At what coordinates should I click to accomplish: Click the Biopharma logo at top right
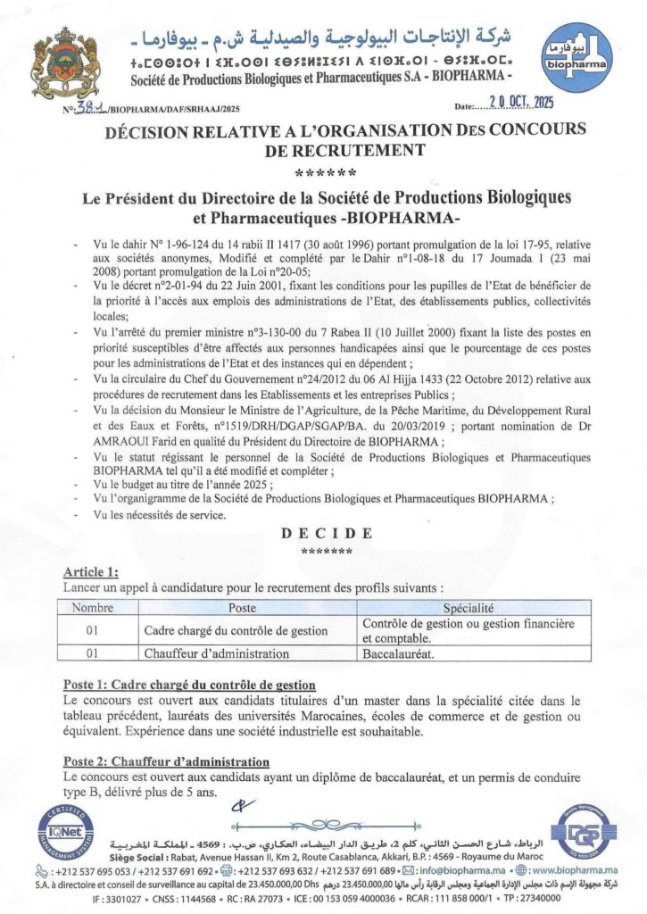click(x=576, y=58)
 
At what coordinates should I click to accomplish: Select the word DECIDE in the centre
click(x=327, y=533)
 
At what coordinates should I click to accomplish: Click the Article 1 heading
click(x=91, y=572)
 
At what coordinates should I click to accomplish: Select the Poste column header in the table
click(x=242, y=607)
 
